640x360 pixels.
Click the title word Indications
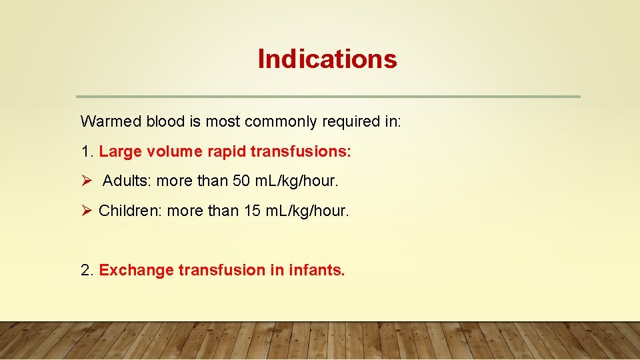pos(327,59)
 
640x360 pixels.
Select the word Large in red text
pos(120,151)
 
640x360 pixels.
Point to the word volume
pos(175,151)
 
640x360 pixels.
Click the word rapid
pos(226,151)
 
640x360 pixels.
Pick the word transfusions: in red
pos(300,151)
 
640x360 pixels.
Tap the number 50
pos(242,181)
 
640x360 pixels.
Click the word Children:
pos(131,211)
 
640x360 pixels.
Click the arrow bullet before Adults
pos(86,181)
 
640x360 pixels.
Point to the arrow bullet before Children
pos(86,211)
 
